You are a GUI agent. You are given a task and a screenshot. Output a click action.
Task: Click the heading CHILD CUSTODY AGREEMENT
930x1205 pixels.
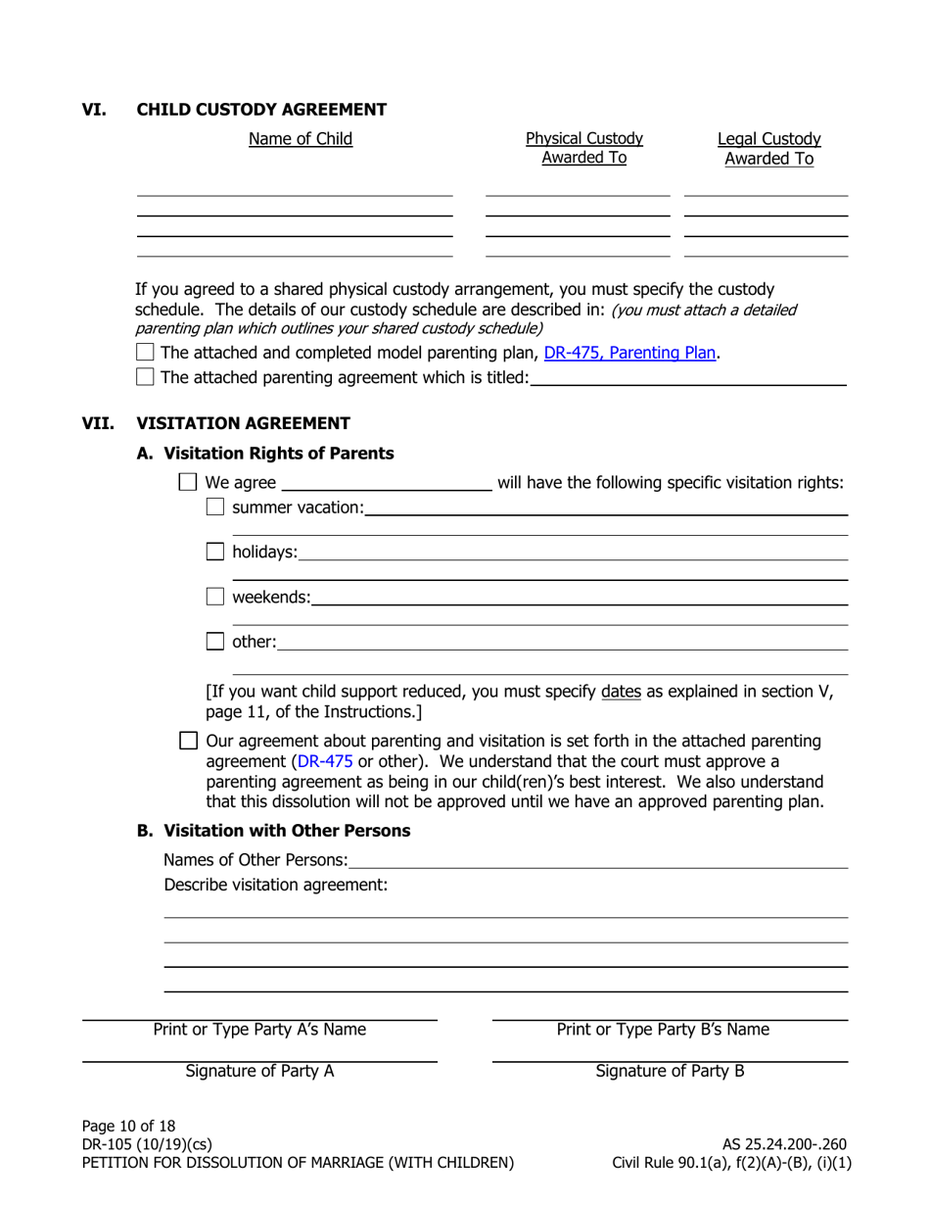click(x=261, y=110)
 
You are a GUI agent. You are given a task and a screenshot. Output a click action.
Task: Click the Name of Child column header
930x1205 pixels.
click(x=301, y=139)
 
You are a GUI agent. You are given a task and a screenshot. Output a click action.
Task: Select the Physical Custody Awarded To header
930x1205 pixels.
click(x=584, y=148)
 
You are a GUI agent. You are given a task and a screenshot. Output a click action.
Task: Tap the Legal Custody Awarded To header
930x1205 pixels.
click(x=768, y=149)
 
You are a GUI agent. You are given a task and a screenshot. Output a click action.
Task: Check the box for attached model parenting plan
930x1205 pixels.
click(x=145, y=353)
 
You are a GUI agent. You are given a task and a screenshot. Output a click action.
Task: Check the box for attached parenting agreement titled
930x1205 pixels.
click(x=145, y=377)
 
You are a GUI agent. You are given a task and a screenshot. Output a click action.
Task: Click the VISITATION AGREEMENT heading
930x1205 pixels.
click(x=243, y=423)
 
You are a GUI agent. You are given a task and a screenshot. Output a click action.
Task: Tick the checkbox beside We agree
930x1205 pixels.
click(x=189, y=482)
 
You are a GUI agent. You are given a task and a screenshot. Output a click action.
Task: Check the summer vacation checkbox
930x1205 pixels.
click(x=215, y=507)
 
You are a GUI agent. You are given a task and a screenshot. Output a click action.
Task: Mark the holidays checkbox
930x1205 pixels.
click(x=215, y=553)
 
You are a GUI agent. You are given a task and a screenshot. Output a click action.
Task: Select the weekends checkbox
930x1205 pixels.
click(x=215, y=597)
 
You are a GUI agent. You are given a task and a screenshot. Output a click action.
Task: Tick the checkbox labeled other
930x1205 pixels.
click(x=215, y=643)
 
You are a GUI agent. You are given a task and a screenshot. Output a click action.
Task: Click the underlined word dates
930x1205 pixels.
click(x=621, y=692)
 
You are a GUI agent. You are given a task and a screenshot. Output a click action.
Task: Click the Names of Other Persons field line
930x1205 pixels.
click(x=597, y=860)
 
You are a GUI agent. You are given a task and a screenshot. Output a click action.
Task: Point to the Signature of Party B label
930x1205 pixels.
click(x=670, y=1071)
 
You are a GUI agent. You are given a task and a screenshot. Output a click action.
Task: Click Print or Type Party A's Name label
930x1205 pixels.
click(x=259, y=1030)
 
